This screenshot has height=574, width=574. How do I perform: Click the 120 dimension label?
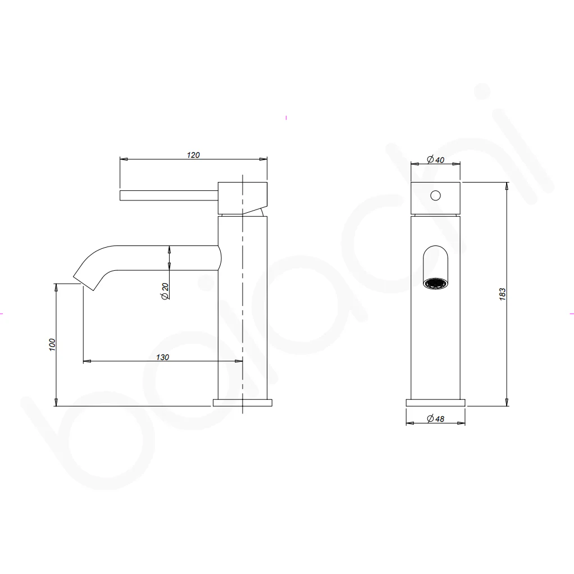pyautogui.click(x=193, y=155)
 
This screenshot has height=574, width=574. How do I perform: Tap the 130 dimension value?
pyautogui.click(x=162, y=357)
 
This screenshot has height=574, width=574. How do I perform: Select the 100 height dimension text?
pyautogui.click(x=52, y=345)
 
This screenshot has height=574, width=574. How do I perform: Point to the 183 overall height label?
pyautogui.click(x=502, y=294)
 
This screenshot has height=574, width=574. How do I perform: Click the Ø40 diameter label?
pyautogui.click(x=436, y=160)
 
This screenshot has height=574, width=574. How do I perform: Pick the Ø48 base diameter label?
pyautogui.click(x=436, y=418)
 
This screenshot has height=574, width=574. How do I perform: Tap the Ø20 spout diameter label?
pyautogui.click(x=165, y=291)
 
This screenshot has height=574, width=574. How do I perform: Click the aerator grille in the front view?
pyautogui.click(x=436, y=283)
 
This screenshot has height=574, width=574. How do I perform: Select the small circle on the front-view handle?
pyautogui.click(x=436, y=196)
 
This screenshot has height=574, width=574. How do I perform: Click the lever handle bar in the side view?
pyautogui.click(x=169, y=195)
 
